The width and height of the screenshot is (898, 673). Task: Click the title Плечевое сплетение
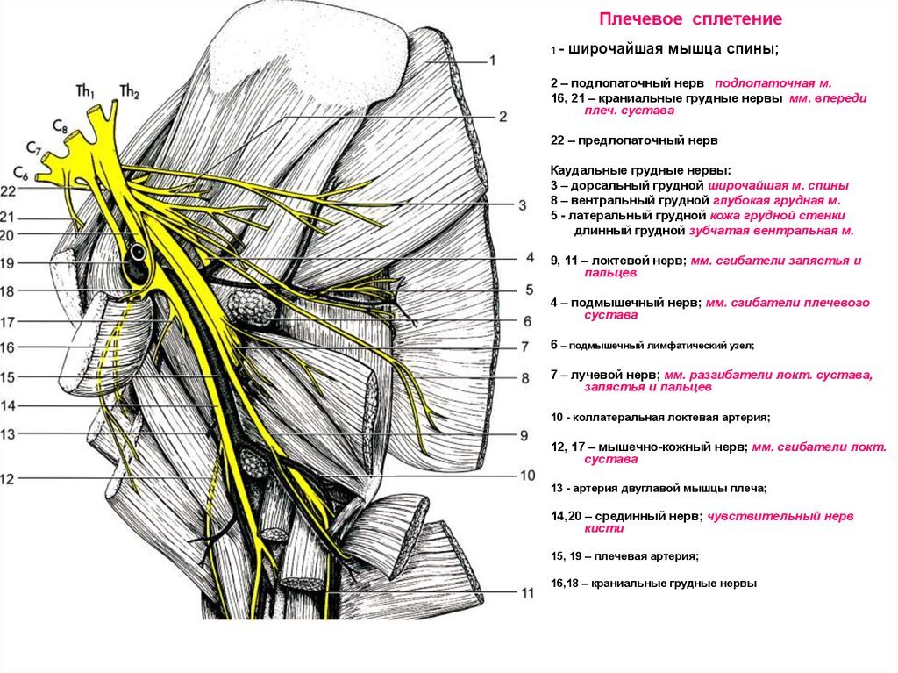(690, 19)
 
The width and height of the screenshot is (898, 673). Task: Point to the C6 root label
(21, 173)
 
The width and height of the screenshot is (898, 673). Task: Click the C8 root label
(60, 126)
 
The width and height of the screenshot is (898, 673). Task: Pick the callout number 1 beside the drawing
(492, 61)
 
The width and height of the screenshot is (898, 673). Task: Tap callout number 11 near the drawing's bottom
(527, 593)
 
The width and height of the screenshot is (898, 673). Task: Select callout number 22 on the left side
(8, 191)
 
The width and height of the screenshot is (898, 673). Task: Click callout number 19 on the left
(7, 264)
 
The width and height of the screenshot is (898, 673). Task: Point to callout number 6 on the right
(527, 322)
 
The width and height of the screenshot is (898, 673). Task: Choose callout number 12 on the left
(7, 479)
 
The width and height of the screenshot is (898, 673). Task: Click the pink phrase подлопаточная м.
(773, 83)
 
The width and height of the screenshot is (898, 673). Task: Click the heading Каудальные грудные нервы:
(640, 170)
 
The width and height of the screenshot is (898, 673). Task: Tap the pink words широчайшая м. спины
(779, 186)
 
